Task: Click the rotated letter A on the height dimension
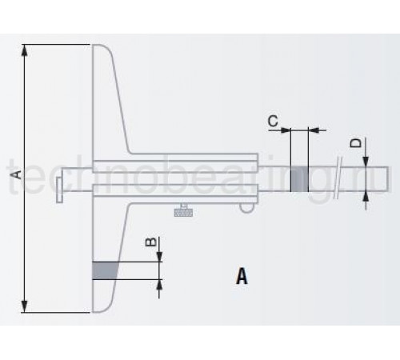click(17, 174)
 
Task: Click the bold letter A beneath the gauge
click(242, 276)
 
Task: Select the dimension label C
click(273, 121)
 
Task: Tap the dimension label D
click(356, 143)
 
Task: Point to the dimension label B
click(150, 242)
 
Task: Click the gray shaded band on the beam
click(299, 179)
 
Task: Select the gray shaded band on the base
click(105, 270)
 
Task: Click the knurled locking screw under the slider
click(183, 210)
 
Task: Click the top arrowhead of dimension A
click(24, 50)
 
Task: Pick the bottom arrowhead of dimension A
click(24, 306)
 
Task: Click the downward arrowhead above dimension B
click(159, 257)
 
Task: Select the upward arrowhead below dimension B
click(159, 285)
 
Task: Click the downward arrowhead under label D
click(366, 161)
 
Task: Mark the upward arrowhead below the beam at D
click(366, 197)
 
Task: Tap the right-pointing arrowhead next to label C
click(285, 130)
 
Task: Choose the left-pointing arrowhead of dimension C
click(314, 130)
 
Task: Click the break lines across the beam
click(338, 178)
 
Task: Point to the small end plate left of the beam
click(60, 190)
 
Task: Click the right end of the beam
click(388, 179)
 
